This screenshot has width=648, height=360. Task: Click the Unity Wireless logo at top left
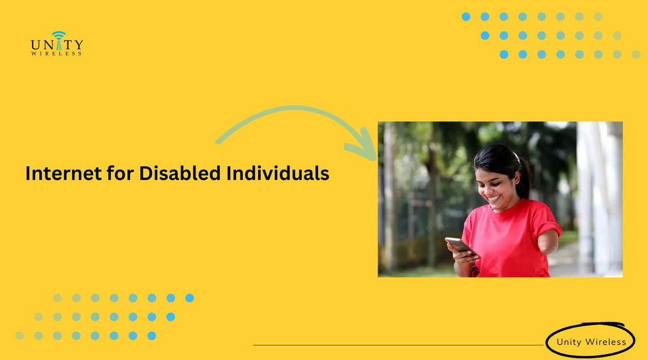point(57,44)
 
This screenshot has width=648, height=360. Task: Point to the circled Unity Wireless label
point(591,342)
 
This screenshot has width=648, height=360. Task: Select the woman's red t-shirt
point(506,240)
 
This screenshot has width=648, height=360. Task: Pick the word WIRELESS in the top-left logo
point(57,54)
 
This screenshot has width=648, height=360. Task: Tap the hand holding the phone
point(462,257)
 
